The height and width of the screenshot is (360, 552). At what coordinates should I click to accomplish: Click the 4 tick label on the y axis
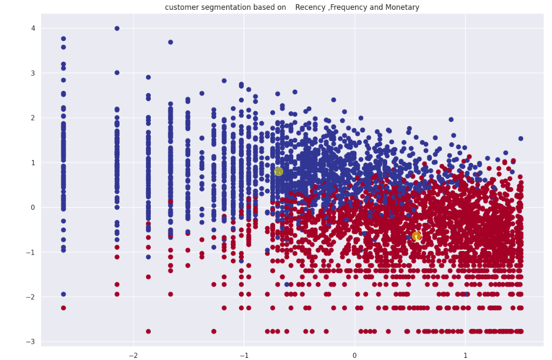pos(33,28)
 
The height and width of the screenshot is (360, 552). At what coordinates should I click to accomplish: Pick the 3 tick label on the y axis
pos(33,73)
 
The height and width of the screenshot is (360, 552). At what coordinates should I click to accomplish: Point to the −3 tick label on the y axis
pos(31,341)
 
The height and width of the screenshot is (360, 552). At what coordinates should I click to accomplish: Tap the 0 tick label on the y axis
pos(33,207)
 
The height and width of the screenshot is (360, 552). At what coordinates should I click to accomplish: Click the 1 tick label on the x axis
pos(465,355)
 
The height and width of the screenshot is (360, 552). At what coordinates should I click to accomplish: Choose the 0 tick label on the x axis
pos(354,355)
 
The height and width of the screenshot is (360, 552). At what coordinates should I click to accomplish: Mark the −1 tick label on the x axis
pos(242,355)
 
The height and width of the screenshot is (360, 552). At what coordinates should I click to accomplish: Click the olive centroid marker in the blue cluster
pos(279,171)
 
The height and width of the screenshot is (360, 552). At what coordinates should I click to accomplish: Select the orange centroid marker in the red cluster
pos(416,236)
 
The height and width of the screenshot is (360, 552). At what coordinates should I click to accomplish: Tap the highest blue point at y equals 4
pos(117,29)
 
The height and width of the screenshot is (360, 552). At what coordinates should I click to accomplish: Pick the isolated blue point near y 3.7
pos(170,42)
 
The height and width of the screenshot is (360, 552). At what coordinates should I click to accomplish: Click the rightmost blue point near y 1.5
pos(520,139)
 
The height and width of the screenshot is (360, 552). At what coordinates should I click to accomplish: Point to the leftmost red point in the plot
pos(63,308)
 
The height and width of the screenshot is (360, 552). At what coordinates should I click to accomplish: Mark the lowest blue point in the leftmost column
pos(63,294)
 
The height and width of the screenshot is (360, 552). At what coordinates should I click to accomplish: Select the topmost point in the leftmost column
pos(63,38)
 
